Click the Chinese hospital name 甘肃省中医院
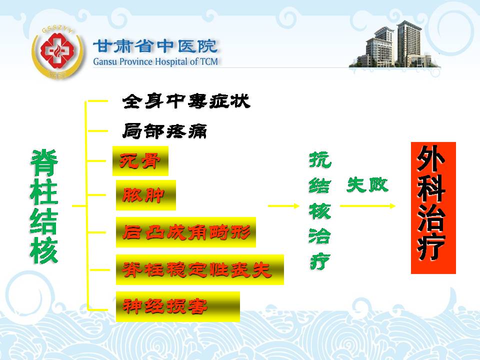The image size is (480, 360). (155, 46)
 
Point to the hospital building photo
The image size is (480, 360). (395, 44)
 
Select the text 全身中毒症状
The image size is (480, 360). (186, 101)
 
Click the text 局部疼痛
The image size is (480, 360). (164, 131)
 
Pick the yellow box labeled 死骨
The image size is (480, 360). (140, 161)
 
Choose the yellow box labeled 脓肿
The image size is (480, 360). (145, 195)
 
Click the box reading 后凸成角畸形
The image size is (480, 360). (186, 232)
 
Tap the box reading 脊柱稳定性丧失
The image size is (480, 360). (200, 269)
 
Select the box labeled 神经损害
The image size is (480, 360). (178, 306)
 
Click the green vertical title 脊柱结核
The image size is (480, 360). (44, 207)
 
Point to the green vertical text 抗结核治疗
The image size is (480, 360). (320, 211)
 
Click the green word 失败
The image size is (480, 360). (367, 185)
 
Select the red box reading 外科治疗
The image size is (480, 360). (433, 208)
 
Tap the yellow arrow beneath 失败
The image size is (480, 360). (367, 206)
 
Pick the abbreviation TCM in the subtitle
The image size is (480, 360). (209, 61)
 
